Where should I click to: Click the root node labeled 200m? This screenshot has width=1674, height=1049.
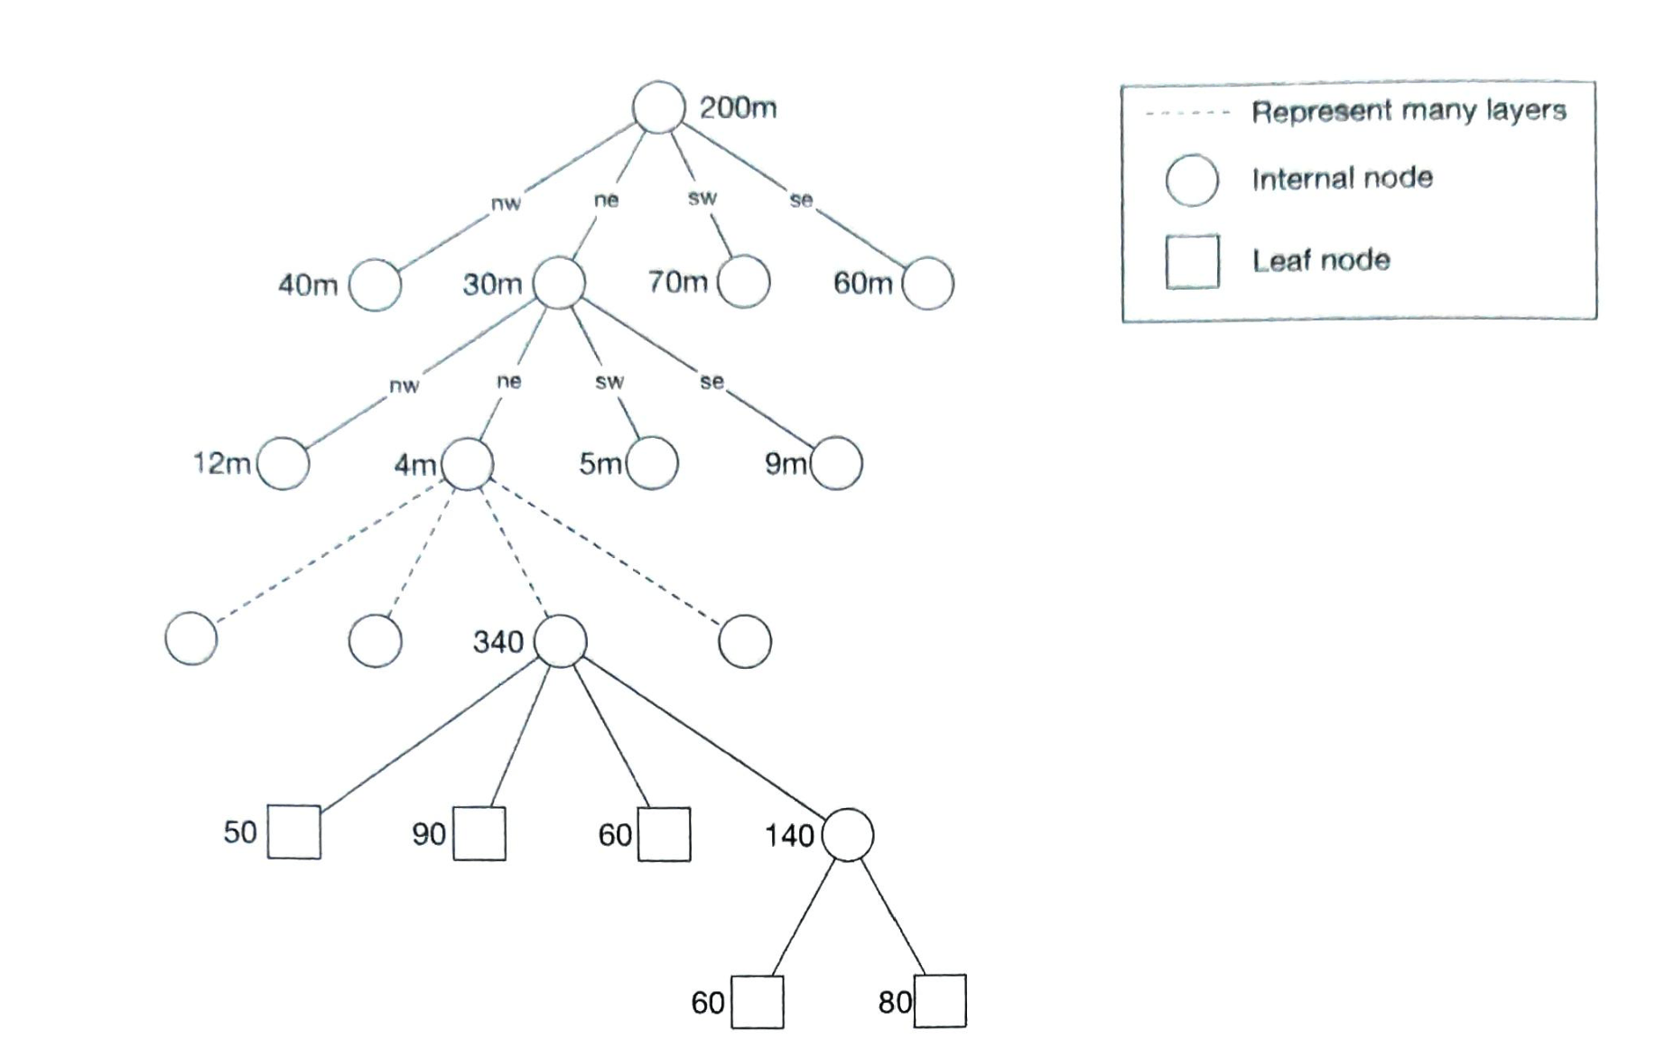658,107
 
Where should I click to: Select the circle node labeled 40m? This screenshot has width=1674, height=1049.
375,285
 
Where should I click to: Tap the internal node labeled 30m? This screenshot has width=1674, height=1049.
559,283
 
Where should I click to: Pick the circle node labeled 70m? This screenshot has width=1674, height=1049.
744,282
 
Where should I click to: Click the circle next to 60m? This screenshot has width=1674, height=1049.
927,283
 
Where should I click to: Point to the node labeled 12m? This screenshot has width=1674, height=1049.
283,463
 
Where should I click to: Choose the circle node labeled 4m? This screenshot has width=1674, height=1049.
468,464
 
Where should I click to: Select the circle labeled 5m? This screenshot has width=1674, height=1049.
652,463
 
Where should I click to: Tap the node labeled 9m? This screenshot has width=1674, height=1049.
836,463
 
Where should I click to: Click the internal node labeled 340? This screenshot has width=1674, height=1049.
561,641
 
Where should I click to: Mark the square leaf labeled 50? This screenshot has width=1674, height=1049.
294,831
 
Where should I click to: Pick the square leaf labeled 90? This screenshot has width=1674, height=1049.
479,833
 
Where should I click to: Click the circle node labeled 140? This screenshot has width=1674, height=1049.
848,835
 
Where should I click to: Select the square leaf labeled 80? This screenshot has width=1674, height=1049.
940,1000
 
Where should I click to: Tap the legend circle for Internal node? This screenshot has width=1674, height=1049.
1192,180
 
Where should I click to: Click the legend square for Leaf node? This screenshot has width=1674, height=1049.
1192,262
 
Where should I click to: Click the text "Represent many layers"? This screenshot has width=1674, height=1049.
1409,111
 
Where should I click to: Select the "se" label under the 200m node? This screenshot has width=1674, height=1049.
801,200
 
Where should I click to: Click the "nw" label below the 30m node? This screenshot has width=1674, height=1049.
404,385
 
